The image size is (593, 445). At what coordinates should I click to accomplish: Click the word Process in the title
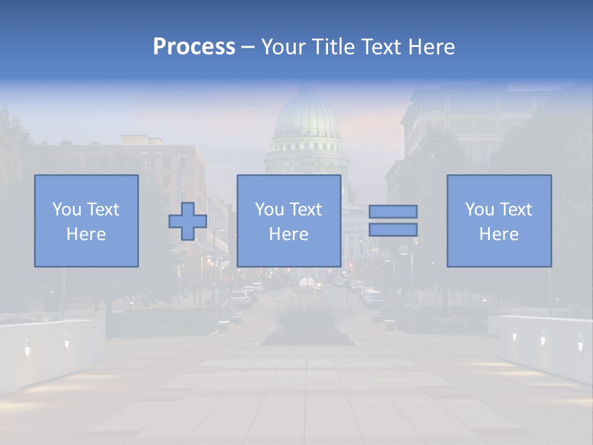pos(194,47)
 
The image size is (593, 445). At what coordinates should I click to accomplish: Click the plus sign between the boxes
pos(188,221)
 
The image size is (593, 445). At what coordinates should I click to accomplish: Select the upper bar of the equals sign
pos(393,211)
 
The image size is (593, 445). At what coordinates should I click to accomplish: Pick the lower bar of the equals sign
pos(393,230)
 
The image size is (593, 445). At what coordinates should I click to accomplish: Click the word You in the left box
pos(67,210)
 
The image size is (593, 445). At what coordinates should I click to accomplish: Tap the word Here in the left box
pos(86,234)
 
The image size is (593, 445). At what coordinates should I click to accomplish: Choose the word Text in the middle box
pos(306,210)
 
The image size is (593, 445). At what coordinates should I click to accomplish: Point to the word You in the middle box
pos(269,210)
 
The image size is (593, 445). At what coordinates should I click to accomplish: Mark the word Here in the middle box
pos(288,234)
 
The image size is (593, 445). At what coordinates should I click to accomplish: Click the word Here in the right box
pos(498,234)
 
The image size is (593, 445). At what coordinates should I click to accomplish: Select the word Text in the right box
pos(516,210)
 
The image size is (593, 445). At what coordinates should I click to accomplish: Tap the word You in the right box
pos(479,210)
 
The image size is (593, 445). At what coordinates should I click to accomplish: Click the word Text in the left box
pos(104,210)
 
